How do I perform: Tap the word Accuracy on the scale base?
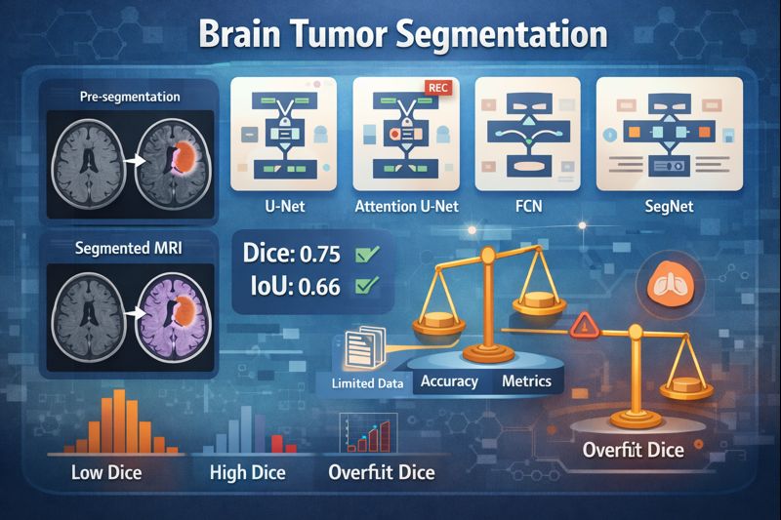[x=448, y=380]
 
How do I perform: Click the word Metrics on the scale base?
[x=527, y=380]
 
